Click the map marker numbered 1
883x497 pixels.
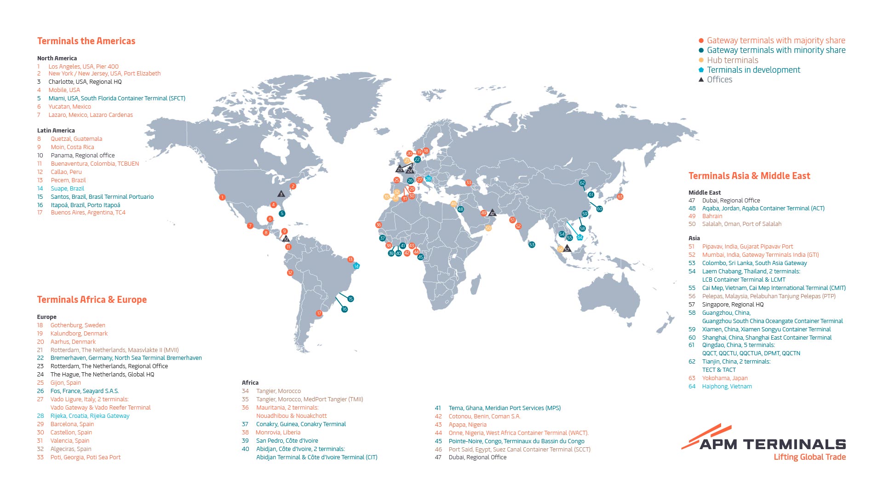pyautogui.click(x=222, y=197)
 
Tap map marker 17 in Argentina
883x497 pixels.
pyautogui.click(x=319, y=313)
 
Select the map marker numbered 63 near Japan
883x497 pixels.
pyautogui.click(x=620, y=197)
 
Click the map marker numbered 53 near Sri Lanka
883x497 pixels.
pyautogui.click(x=532, y=245)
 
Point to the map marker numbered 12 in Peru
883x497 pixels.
pyautogui.click(x=290, y=273)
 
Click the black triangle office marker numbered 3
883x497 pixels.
pyautogui.click(x=281, y=194)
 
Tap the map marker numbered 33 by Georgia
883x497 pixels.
pyautogui.click(x=469, y=183)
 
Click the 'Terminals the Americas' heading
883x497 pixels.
pyautogui.click(x=86, y=41)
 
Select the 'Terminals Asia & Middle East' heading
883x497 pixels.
pyautogui.click(x=749, y=176)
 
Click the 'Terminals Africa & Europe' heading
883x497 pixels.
pyautogui.click(x=92, y=300)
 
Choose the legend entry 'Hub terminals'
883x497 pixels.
pyautogui.click(x=732, y=60)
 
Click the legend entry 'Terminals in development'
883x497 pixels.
pyautogui.click(x=753, y=70)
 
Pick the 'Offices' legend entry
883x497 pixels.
pyautogui.click(x=719, y=80)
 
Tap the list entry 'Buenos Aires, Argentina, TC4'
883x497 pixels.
pyautogui.click(x=88, y=213)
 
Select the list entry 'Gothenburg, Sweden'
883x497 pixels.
pyautogui.click(x=78, y=325)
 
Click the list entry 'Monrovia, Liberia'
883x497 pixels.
pyautogui.click(x=278, y=433)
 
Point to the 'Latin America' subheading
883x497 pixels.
pyautogui.click(x=56, y=131)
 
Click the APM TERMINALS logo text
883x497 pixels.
pyautogui.click(x=773, y=444)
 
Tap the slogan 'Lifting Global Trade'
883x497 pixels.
pyautogui.click(x=809, y=457)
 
